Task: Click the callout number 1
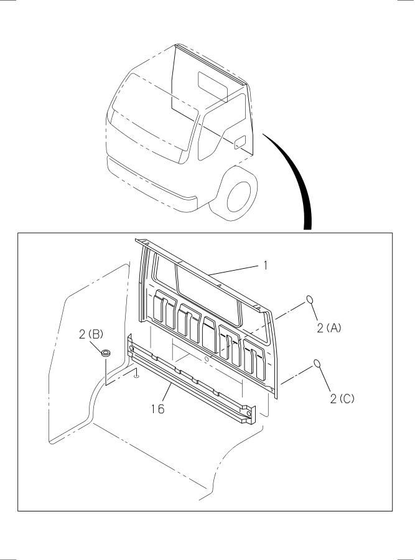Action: [x=265, y=265]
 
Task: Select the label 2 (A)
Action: [x=329, y=327]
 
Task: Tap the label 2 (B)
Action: [x=91, y=335]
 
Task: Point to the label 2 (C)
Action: [x=342, y=399]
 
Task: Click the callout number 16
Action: [x=157, y=409]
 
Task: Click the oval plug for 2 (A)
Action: [x=310, y=300]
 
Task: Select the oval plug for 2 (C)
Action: [x=317, y=363]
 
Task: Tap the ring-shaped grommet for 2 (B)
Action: [x=106, y=353]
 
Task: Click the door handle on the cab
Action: [x=240, y=142]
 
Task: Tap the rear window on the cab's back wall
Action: [x=213, y=86]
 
